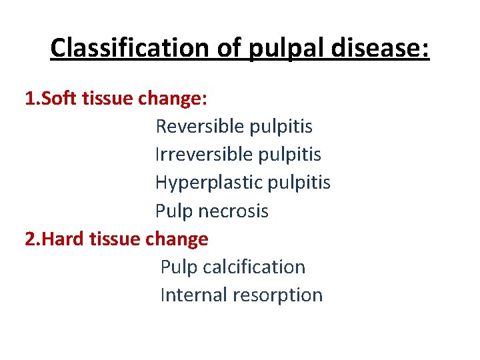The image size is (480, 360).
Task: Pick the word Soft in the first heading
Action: tap(59, 99)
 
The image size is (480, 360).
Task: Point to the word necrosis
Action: tap(233, 211)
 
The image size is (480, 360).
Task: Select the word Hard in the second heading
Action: tap(63, 239)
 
